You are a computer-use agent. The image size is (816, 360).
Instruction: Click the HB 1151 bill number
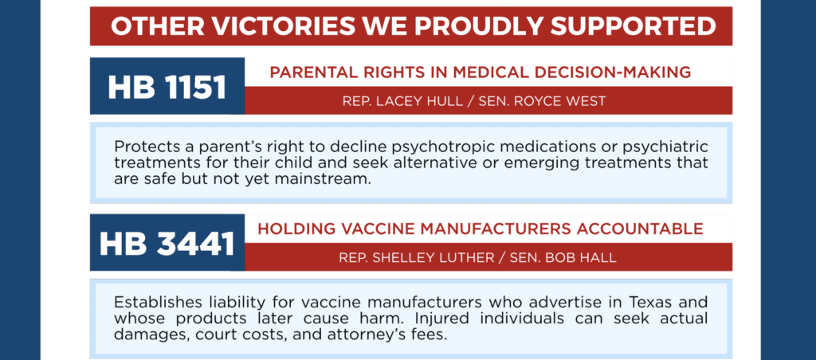167,87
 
